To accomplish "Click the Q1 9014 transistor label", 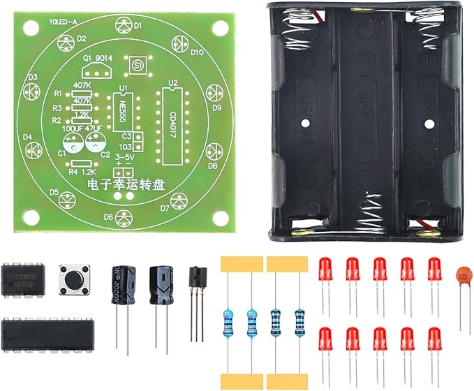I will click(97, 59).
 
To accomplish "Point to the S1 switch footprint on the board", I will click(136, 65).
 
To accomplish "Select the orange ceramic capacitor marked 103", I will click(461, 276).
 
